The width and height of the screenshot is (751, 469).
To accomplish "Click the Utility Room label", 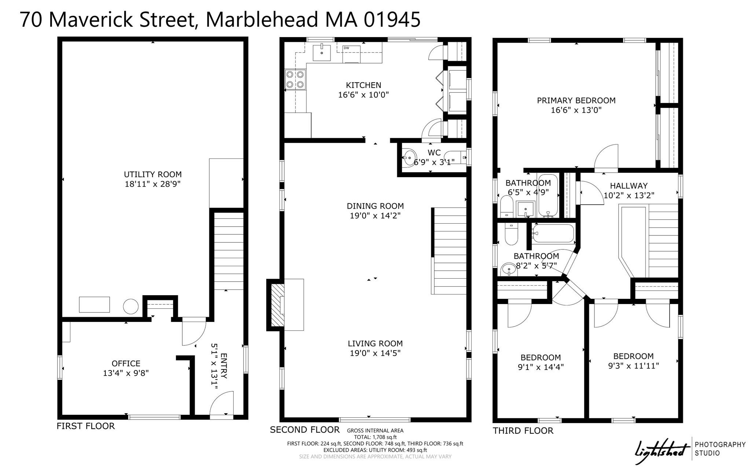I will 153,175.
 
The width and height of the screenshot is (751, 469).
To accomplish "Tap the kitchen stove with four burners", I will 295,80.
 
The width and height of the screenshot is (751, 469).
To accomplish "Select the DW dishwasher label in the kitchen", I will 346,48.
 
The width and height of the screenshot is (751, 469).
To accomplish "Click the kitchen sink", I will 322,53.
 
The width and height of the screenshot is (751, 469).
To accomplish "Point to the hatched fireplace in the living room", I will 278,305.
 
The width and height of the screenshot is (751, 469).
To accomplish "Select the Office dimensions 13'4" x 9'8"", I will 126,373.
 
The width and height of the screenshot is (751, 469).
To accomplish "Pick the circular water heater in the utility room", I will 130,306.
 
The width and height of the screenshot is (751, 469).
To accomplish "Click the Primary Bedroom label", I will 576,100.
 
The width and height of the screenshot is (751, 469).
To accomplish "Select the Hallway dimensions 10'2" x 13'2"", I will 629,195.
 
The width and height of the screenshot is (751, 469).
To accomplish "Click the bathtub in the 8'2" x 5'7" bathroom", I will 553,234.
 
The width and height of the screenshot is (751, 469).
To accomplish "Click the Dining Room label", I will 375,206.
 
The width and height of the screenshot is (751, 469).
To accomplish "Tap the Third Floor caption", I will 523,430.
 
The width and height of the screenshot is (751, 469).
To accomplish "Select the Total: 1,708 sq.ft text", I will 375,437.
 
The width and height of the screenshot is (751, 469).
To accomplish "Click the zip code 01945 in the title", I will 392,19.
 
